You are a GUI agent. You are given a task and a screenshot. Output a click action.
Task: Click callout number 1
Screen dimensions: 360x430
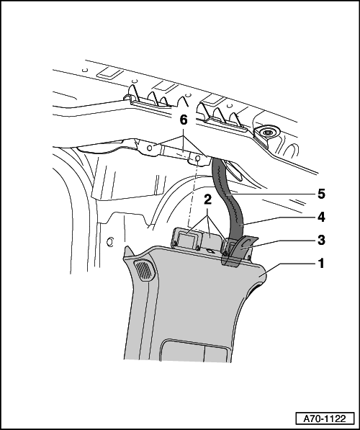[x=320, y=264]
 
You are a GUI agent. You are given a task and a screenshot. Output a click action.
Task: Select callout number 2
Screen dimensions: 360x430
[x=208, y=200]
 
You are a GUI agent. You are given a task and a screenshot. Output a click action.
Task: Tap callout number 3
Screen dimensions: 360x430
[x=321, y=240]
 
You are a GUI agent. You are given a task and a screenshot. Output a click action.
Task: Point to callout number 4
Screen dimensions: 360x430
[x=321, y=217]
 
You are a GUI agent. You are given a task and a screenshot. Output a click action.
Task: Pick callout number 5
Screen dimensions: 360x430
[x=321, y=194]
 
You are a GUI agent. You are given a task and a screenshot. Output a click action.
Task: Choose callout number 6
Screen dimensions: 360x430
[x=184, y=120]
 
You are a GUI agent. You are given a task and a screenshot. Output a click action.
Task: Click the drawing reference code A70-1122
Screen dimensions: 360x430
[x=325, y=418]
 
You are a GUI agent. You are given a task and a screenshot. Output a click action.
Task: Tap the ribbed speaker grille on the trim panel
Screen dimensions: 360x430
[x=144, y=269]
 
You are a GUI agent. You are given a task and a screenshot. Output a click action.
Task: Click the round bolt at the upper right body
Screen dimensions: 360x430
[x=267, y=133]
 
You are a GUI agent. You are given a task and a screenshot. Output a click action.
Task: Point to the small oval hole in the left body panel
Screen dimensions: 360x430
[x=109, y=242]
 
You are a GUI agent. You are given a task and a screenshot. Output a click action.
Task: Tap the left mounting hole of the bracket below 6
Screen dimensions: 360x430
[x=150, y=148]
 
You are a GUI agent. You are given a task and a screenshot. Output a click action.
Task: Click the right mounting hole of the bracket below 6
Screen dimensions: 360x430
[x=197, y=158]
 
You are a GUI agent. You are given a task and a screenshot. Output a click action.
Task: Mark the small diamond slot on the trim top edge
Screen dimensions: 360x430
[x=210, y=251]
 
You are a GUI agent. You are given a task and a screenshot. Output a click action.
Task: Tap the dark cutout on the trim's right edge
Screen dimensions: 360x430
[x=253, y=290]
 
